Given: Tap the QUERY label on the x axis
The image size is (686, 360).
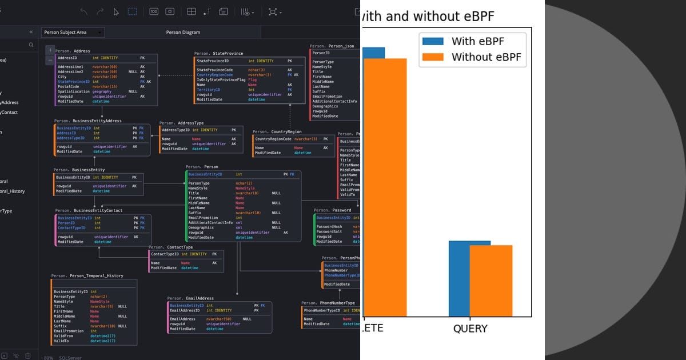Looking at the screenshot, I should (x=470, y=329).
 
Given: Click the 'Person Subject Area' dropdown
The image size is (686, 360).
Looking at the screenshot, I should (x=73, y=33).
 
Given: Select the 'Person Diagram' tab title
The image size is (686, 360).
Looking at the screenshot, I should (x=183, y=33).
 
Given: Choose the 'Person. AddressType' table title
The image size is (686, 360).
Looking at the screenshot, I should (x=181, y=123).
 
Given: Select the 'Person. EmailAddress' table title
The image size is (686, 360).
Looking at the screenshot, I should (x=190, y=298).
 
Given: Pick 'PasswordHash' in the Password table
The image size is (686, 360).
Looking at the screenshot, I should (x=329, y=227).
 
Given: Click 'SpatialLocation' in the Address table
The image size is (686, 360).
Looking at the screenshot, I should (x=74, y=91).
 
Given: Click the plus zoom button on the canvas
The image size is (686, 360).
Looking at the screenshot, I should (x=50, y=50).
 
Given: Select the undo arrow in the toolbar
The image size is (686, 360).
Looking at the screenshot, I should (x=84, y=11).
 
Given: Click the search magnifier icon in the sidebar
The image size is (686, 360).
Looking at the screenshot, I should (x=31, y=45).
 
